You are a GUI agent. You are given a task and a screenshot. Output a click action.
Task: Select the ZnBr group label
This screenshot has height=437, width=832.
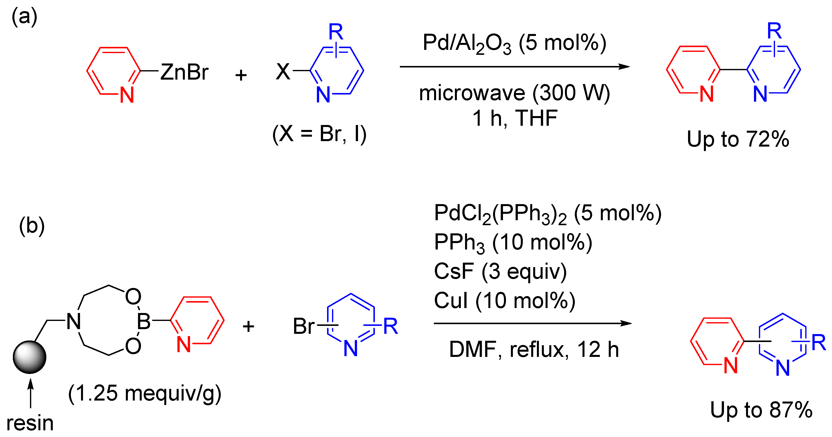pos(184,72)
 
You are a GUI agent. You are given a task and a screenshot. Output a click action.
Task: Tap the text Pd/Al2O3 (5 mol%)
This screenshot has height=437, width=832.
pos(514,44)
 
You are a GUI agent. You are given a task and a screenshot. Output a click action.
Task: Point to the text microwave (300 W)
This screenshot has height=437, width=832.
pos(514,93)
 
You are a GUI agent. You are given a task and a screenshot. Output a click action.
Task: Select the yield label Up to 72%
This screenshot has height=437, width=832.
pos(738,139)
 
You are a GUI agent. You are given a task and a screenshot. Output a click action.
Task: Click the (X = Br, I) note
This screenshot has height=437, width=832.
pos(319,133)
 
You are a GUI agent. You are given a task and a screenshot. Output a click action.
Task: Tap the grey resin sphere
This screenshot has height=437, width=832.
pos(30,357)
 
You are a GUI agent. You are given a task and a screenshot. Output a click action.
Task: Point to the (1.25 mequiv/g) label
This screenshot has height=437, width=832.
pos(145,393)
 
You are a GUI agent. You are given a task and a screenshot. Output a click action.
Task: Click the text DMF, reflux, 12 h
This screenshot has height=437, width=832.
pos(534,349)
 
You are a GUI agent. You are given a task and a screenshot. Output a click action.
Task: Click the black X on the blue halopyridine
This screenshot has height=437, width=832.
pos(283,72)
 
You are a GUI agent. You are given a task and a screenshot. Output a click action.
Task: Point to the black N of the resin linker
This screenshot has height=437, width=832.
pos(74,322)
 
